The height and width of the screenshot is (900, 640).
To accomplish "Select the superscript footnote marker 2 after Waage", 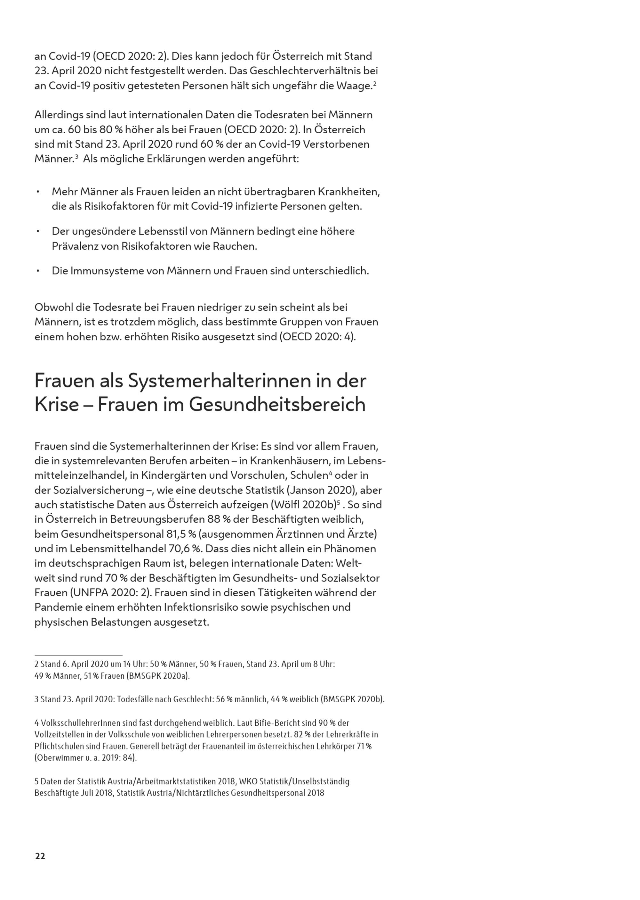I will (x=375, y=84).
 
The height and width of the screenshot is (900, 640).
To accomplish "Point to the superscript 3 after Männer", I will (x=76, y=157).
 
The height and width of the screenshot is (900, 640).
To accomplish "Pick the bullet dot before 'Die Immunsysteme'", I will (x=38, y=271).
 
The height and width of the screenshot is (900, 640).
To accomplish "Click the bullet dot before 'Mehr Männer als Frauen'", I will (x=38, y=192).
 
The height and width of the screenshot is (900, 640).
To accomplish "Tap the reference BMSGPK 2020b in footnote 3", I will (x=352, y=699).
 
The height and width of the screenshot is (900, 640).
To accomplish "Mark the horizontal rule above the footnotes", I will (x=78, y=655).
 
